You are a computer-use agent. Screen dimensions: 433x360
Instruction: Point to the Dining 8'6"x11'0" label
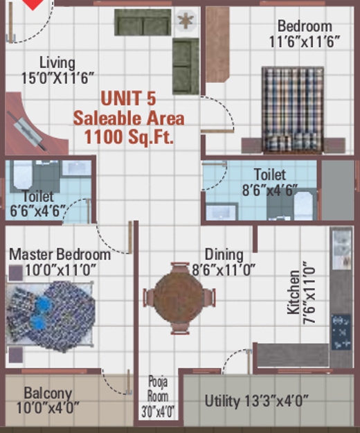pos(224,263)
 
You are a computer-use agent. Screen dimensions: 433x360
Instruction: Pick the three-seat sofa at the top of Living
pos(143,23)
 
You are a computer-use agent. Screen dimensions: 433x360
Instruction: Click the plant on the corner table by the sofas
pos(185,20)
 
